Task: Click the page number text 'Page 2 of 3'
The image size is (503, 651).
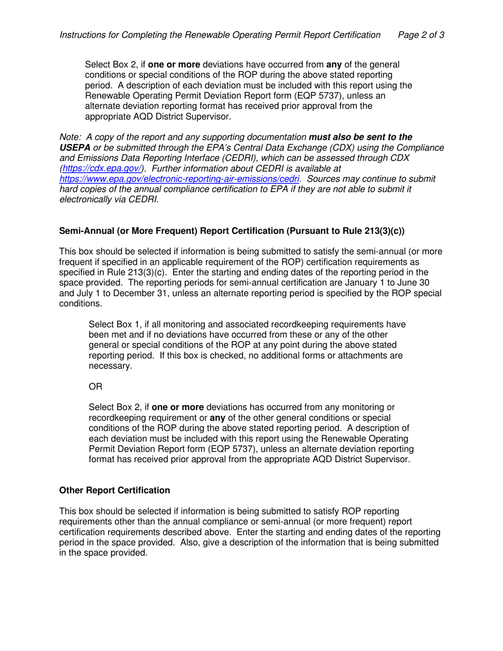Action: point(420,35)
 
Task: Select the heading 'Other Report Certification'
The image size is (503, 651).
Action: point(114,491)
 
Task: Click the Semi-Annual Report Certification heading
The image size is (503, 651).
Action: point(231,231)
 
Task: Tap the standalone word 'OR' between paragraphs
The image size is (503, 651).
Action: point(95,387)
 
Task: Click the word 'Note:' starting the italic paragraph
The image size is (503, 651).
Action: point(70,138)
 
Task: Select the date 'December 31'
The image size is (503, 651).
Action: point(140,293)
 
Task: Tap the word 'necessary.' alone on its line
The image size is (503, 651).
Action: point(110,366)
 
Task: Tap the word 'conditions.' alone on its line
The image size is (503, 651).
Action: point(81,304)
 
